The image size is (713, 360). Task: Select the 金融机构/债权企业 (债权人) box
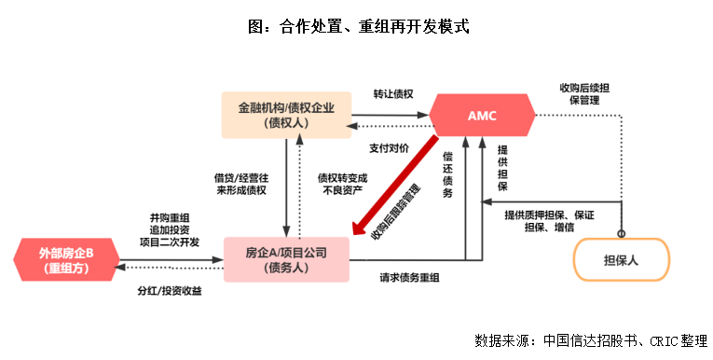click(286, 115)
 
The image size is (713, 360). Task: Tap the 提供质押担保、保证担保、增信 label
click(550, 220)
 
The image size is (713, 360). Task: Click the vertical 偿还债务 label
click(447, 173)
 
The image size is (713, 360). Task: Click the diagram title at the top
click(358, 26)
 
